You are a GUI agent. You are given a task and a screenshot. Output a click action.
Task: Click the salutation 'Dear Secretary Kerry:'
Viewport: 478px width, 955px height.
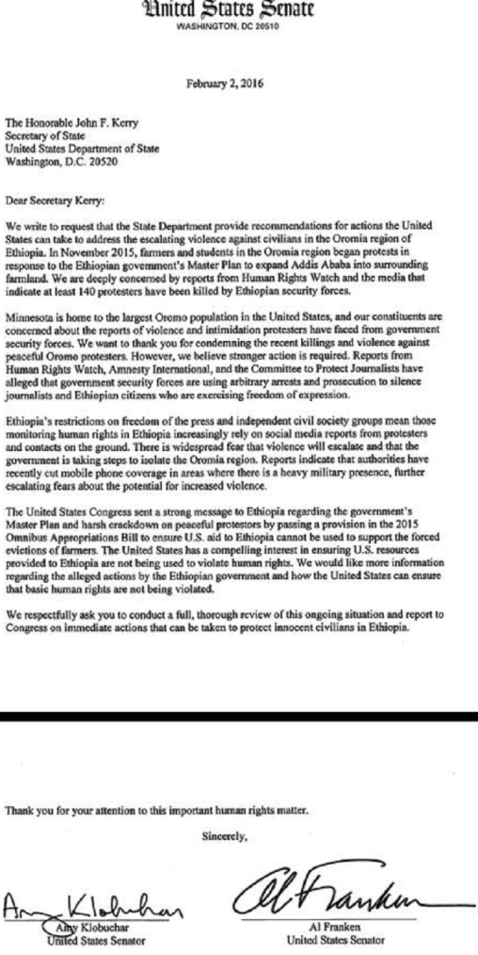pyautogui.click(x=52, y=201)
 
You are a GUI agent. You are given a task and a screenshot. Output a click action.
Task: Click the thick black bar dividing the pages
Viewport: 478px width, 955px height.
pyautogui.click(x=239, y=717)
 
